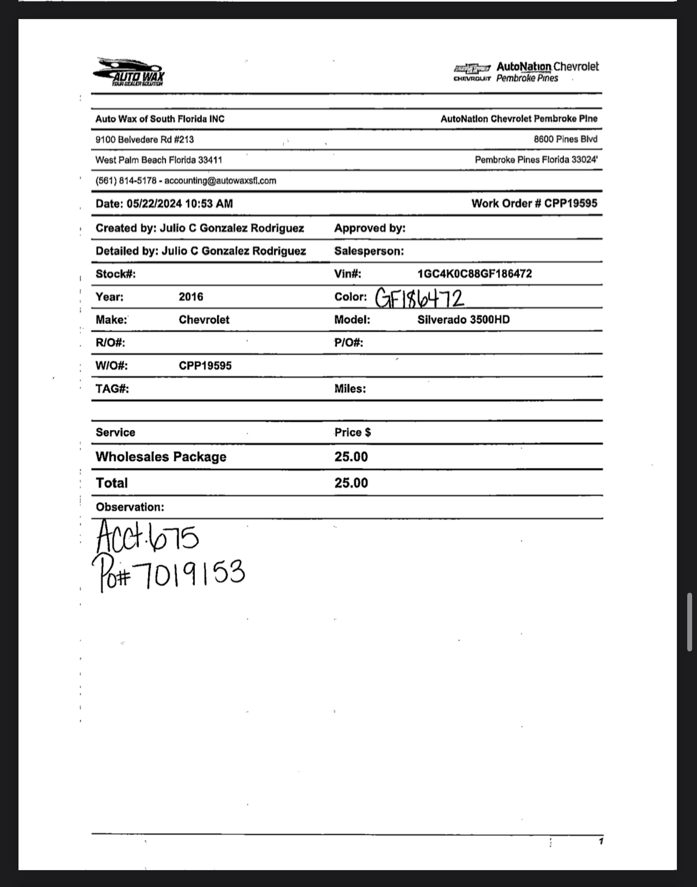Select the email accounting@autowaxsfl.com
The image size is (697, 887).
pyautogui.click(x=220, y=181)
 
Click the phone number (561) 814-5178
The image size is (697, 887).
pyautogui.click(x=126, y=181)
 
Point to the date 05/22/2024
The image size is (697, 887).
pyautogui.click(x=154, y=204)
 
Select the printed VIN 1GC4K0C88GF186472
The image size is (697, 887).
pyautogui.click(x=474, y=274)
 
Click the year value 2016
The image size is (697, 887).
pyautogui.click(x=191, y=297)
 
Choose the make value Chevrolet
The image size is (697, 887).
pyautogui.click(x=204, y=320)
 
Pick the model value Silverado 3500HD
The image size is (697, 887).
pyautogui.click(x=464, y=320)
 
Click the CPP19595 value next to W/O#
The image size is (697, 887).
pyautogui.click(x=205, y=366)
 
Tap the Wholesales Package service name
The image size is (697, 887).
pyautogui.click(x=161, y=457)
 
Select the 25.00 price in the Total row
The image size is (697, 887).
pyautogui.click(x=351, y=483)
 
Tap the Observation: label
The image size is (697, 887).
pyautogui.click(x=130, y=507)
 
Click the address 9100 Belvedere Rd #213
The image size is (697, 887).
pyautogui.click(x=144, y=140)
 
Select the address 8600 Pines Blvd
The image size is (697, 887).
pyautogui.click(x=565, y=139)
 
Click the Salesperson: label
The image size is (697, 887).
pyautogui.click(x=369, y=251)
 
